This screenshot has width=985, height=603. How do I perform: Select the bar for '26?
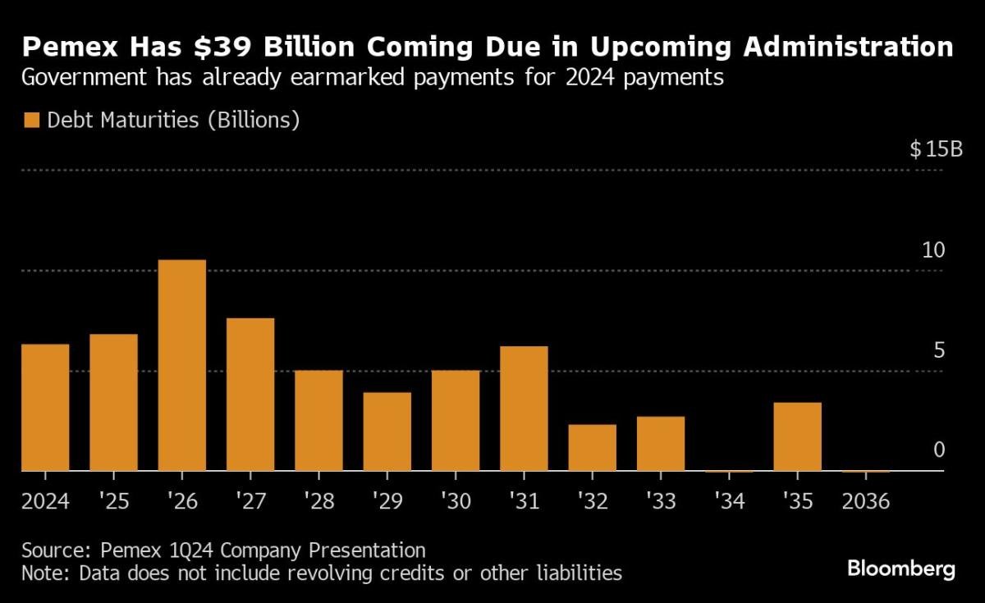tap(181, 365)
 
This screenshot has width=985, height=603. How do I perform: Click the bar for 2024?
tap(44, 407)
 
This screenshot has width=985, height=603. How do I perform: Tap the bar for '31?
tap(524, 409)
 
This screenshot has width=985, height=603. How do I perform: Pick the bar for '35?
tap(797, 436)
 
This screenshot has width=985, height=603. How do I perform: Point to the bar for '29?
tap(387, 432)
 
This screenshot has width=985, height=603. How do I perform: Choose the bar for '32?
tap(592, 447)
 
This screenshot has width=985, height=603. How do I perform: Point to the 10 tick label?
tap(933, 251)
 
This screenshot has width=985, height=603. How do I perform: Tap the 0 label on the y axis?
tap(938, 450)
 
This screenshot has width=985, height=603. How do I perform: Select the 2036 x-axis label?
tap(865, 501)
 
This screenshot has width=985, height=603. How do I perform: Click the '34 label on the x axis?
tap(729, 501)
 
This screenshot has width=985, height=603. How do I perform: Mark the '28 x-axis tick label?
tap(318, 501)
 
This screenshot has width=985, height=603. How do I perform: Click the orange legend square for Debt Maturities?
tap(32, 121)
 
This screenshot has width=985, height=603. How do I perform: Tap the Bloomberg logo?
tap(901, 568)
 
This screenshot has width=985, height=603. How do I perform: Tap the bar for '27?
tap(250, 395)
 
